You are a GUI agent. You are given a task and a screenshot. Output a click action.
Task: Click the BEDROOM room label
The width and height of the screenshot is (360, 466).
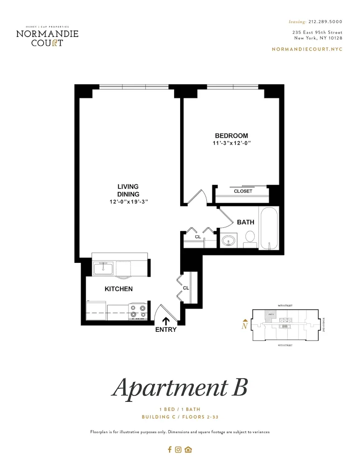coord(231,136)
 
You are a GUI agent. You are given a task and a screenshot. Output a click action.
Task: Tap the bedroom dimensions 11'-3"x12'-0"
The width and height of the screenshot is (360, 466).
coord(231,144)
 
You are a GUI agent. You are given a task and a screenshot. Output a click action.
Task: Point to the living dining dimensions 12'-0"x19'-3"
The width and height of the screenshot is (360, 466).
coord(128,201)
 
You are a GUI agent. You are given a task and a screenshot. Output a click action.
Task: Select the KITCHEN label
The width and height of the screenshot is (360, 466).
coord(118,289)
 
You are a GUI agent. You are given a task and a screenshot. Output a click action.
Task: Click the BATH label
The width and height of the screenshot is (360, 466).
coord(245,222)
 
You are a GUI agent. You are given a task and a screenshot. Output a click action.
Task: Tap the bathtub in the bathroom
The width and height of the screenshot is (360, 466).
coord(269,229)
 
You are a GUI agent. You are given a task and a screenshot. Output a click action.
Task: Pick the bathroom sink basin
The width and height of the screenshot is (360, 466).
coord(228,241)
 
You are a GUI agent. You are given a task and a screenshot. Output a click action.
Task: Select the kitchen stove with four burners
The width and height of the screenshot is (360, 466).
coord(138,310)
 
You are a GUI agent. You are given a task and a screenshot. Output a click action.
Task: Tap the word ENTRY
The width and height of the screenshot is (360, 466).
coord(166,330)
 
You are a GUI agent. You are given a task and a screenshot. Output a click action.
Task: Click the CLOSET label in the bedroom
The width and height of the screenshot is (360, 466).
coord(243,191)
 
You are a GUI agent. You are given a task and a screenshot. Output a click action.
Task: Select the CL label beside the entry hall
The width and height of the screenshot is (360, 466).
coord(186,288)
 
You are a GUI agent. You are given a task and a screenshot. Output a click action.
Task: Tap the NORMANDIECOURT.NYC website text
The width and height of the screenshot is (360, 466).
coord(307,49)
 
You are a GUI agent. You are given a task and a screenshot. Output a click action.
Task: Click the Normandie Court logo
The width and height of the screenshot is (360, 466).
coord(47,36)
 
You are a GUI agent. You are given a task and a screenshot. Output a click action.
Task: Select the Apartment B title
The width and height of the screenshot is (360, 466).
coord(179,387)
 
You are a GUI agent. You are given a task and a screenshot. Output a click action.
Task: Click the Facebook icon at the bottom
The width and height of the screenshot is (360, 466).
coord(170,450)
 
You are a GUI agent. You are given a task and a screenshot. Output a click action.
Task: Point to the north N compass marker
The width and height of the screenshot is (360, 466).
coord(244,326)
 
